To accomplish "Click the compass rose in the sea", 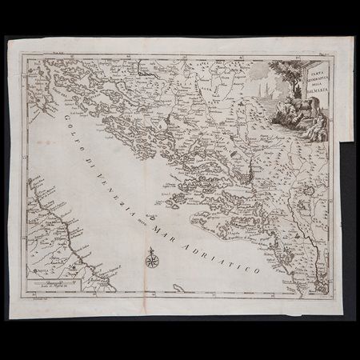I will point(151,258).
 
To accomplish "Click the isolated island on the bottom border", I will point(178,287).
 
